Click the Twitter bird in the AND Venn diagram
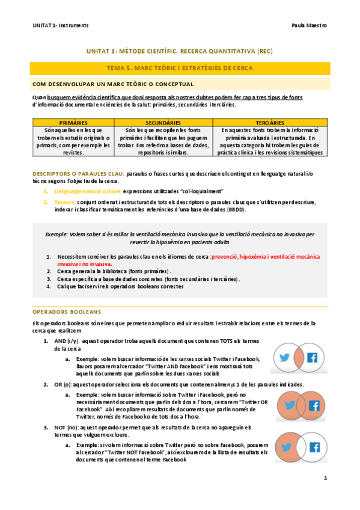coord(284,357)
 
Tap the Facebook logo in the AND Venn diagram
coord(312,357)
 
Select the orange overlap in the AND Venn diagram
coord(298,357)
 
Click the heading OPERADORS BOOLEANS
coord(67,312)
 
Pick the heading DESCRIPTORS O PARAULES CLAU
coord(78,174)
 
